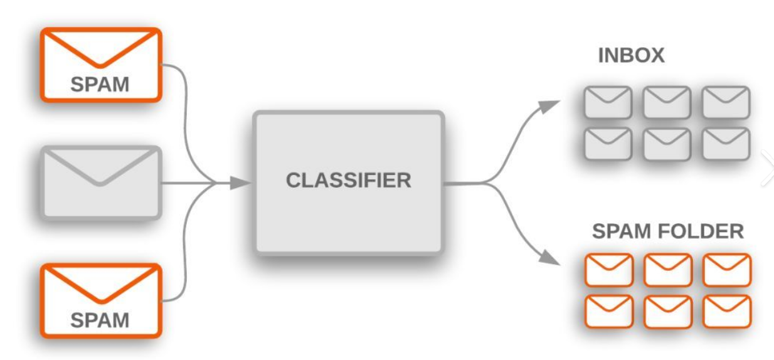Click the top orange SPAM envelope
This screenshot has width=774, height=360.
[101, 64]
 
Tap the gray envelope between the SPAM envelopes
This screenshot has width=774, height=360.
[101, 182]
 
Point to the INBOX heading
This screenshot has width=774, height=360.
[631, 56]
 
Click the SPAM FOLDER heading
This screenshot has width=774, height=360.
[668, 232]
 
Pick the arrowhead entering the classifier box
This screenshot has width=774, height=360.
[240, 183]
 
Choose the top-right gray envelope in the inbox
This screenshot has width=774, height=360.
[726, 102]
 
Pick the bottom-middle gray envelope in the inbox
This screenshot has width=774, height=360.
[667, 144]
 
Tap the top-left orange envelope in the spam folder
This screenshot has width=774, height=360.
[608, 270]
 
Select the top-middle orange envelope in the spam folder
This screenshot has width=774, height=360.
[667, 270]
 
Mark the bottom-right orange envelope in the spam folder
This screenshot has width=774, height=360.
[726, 311]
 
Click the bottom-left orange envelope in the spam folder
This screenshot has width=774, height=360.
[608, 311]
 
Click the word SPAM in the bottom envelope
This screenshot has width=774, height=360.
[101, 320]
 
